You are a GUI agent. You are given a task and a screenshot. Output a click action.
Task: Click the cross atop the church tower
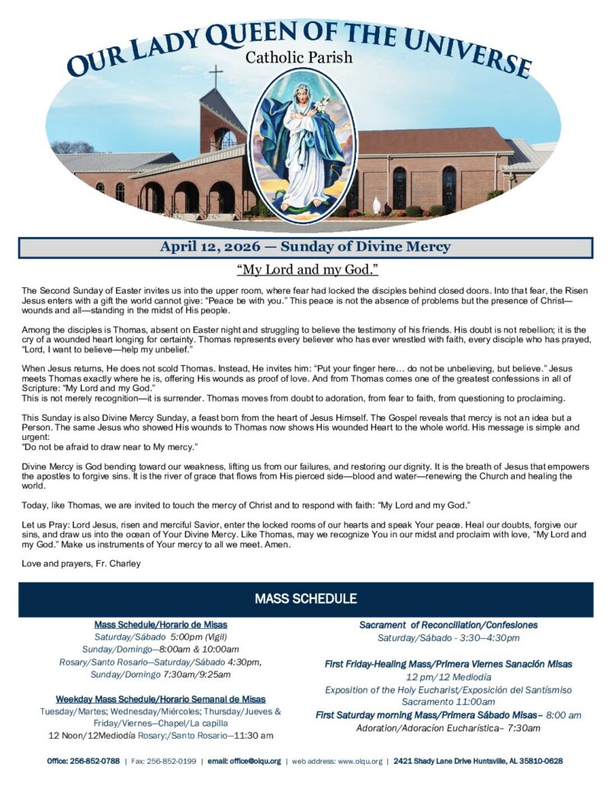click(216, 75)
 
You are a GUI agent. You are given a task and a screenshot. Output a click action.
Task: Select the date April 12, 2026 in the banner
click(208, 247)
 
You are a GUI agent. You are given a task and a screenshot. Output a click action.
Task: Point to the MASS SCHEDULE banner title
click(306, 598)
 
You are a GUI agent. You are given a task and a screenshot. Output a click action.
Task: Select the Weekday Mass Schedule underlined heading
click(160, 698)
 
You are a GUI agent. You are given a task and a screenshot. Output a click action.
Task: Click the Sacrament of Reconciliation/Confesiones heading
click(448, 624)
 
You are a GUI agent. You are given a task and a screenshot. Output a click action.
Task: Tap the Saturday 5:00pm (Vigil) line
click(161, 637)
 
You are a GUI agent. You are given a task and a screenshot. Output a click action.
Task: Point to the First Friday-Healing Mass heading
click(448, 664)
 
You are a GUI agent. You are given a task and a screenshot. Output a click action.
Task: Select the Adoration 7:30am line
click(448, 727)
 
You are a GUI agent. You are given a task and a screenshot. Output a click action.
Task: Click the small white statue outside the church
click(374, 205)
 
